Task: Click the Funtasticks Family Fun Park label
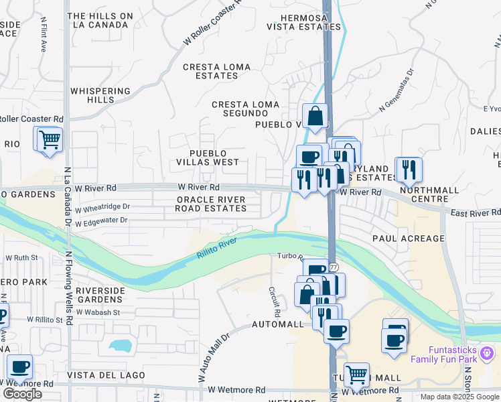[x=453, y=354]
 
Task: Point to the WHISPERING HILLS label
[x=100, y=95]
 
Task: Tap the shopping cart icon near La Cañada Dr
[x=49, y=139]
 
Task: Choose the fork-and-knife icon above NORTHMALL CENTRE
[x=408, y=169]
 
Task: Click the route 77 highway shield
[x=333, y=267]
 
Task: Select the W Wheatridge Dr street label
[x=102, y=207]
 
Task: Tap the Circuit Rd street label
[x=274, y=302]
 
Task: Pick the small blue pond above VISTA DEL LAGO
[x=119, y=346]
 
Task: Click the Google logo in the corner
[x=22, y=394]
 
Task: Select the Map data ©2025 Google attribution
[x=459, y=397]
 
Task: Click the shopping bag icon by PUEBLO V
[x=315, y=117]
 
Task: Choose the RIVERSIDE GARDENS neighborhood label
[x=100, y=295]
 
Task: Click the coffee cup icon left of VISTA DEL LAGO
[x=20, y=366]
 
